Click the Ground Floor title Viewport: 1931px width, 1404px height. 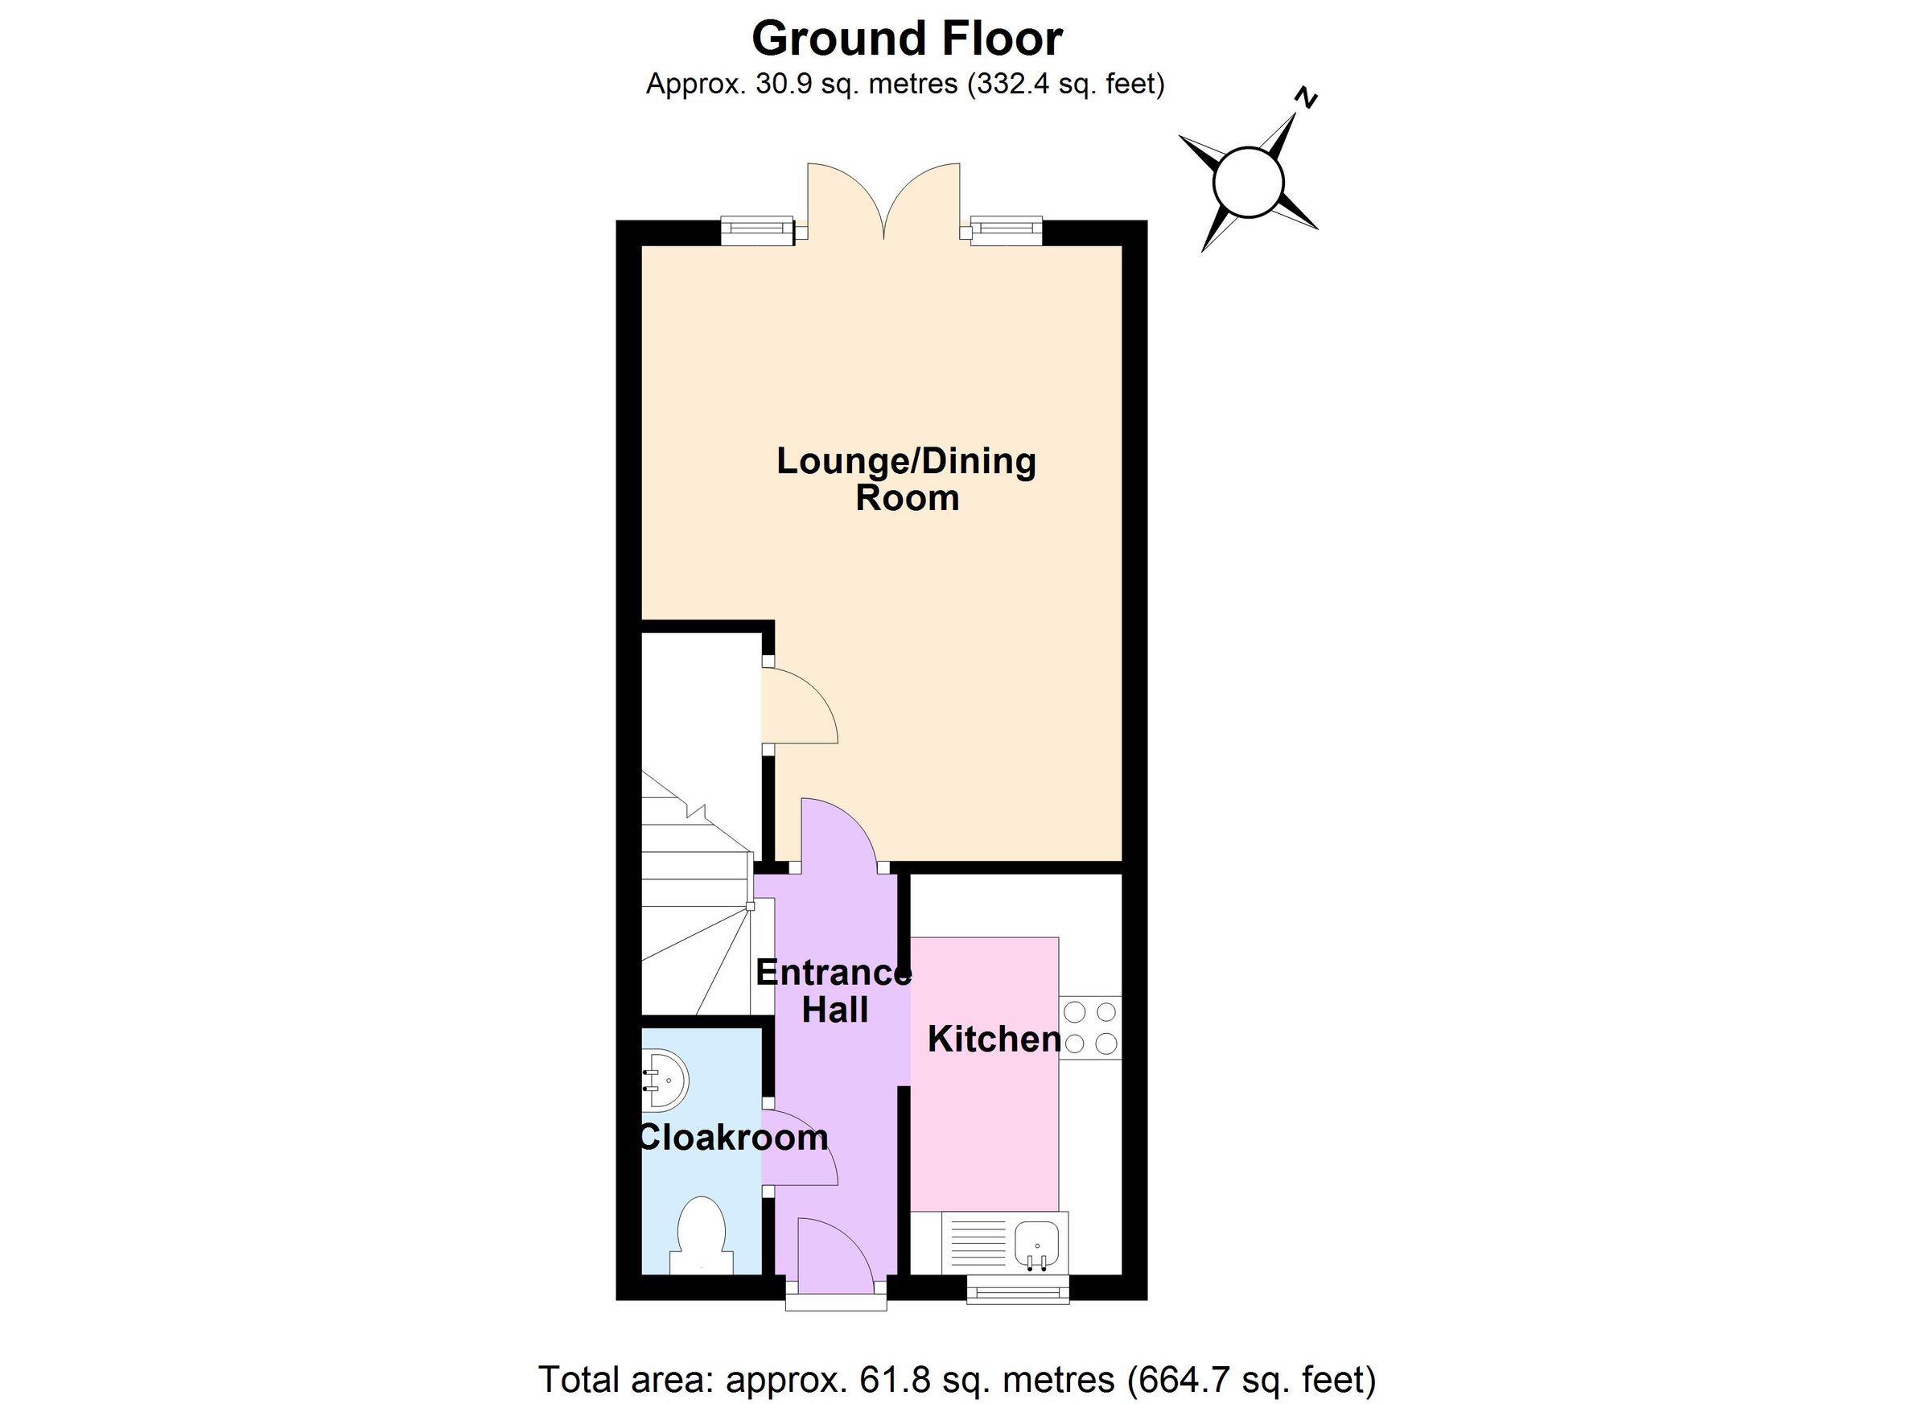(907, 39)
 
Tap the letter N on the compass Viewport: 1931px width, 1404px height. (1305, 99)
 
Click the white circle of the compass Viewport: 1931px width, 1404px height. (1248, 182)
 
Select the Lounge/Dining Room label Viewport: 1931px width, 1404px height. (907, 480)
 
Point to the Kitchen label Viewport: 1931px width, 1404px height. (994, 1040)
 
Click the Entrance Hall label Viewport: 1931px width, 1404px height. (834, 991)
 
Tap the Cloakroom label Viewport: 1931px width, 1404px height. (733, 1138)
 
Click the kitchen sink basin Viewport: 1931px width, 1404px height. (1037, 1244)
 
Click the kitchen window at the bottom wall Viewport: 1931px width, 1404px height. (1019, 1293)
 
